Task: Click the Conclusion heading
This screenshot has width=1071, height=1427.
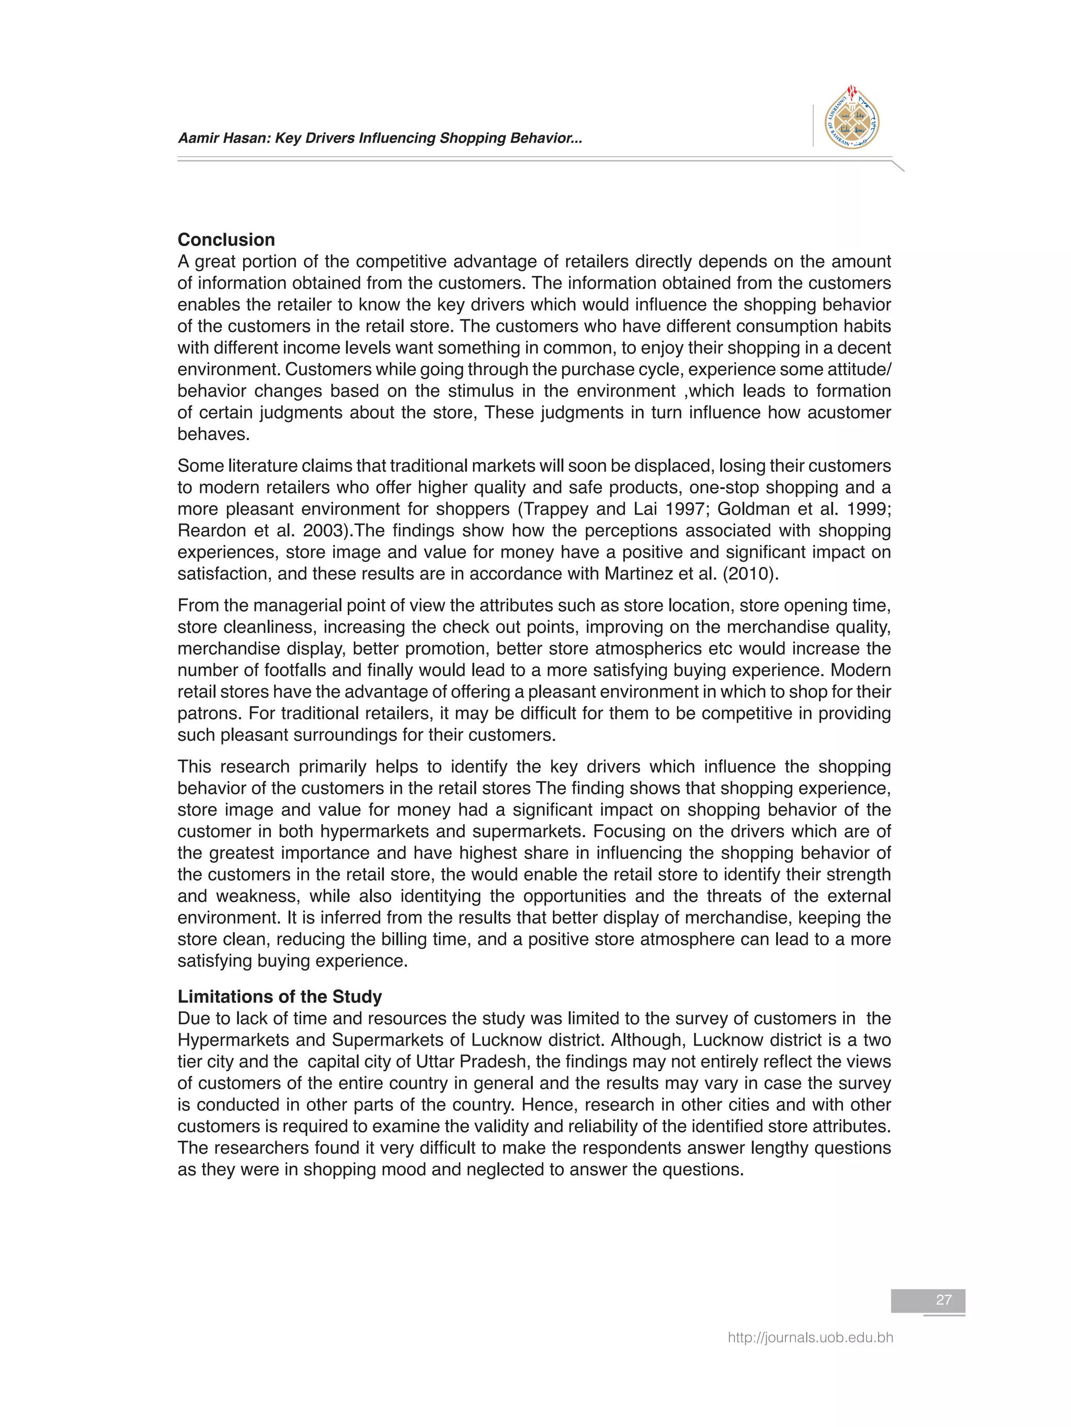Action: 226,240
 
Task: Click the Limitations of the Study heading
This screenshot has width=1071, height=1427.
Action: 280,997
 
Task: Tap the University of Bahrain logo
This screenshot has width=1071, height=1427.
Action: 852,119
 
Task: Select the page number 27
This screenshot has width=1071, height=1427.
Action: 943,1300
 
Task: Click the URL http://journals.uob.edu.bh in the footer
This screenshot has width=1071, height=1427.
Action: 810,1337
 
